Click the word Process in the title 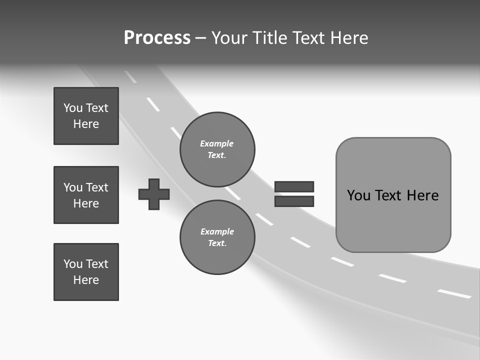[x=157, y=38]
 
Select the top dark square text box [x=86, y=116]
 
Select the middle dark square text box [x=86, y=195]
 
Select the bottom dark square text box [x=86, y=272]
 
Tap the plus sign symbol [x=154, y=194]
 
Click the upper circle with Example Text [x=217, y=149]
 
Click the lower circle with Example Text [x=217, y=237]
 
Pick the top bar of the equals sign [x=294, y=186]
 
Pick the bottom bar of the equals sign [x=294, y=201]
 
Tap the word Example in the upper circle [x=216, y=143]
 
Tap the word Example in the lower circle [x=217, y=231]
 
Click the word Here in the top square [x=86, y=124]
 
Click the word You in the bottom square [x=72, y=264]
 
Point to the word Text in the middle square [x=97, y=187]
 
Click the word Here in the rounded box [x=422, y=195]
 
